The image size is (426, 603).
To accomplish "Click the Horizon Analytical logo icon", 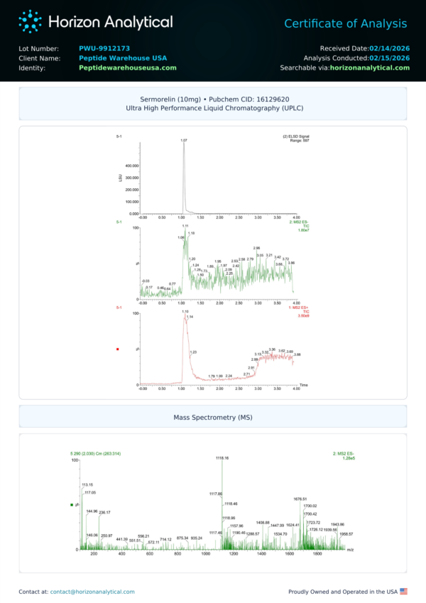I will (31, 21).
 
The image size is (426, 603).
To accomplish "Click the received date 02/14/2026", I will (389, 48).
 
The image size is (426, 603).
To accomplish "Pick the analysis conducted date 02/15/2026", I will (389, 58).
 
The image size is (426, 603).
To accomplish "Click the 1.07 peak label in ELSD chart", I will (184, 141).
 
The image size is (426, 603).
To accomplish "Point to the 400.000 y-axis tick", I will (131, 165).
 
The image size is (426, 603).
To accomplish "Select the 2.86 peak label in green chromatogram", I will (256, 248).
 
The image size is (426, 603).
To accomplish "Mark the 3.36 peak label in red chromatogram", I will (272, 349).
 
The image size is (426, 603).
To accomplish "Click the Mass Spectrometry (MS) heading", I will (213, 418).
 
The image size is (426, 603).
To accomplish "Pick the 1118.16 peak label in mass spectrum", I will (222, 458).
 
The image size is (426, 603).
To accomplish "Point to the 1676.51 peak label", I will (300, 499).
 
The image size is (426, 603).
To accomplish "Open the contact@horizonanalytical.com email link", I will (92, 591).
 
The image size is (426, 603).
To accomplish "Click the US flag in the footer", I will (403, 591).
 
